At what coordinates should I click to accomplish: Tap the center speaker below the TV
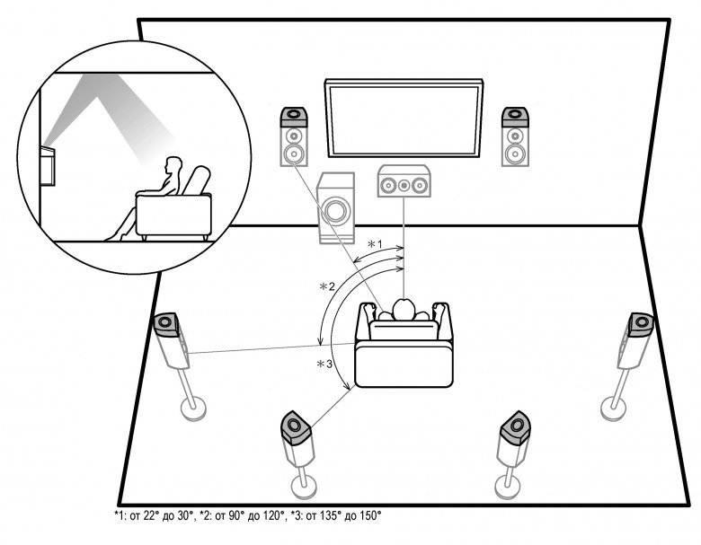pyautogui.click(x=403, y=183)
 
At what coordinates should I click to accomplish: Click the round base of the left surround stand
pyautogui.click(x=195, y=409)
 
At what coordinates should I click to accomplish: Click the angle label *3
pyautogui.click(x=324, y=365)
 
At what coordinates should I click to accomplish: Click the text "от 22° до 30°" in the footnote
pyautogui.click(x=145, y=515)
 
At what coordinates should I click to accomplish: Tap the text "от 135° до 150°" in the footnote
pyautogui.click(x=339, y=515)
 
